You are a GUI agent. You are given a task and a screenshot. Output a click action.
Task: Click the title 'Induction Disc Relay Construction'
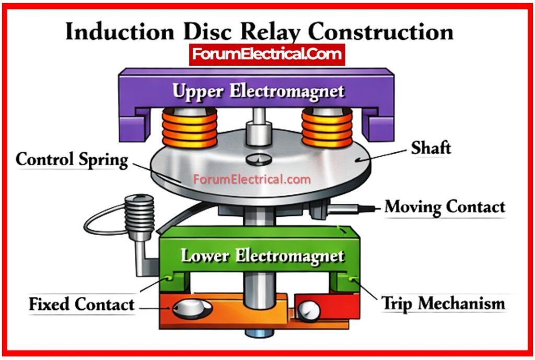tap(259, 32)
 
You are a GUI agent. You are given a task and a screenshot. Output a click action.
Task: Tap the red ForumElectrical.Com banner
tap(266, 54)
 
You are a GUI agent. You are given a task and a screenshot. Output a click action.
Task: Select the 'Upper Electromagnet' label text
tap(259, 92)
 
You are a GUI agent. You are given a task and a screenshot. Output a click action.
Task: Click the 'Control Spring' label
tap(72, 160)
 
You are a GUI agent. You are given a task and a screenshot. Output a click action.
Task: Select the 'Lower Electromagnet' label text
tap(262, 256)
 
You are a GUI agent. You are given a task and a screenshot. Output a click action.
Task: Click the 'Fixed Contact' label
tap(82, 304)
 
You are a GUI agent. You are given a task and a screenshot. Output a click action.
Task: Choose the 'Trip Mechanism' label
tap(443, 303)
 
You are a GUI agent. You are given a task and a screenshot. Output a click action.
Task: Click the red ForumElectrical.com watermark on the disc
tap(252, 180)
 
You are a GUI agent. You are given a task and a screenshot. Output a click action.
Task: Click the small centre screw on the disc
tap(259, 158)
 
